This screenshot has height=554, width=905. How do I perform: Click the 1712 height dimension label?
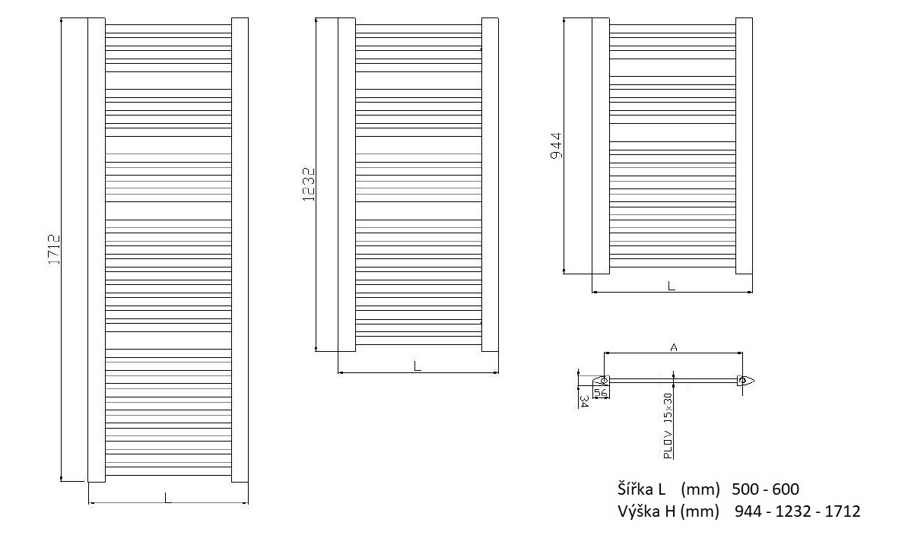[54, 249]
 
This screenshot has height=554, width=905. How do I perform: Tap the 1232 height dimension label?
[310, 184]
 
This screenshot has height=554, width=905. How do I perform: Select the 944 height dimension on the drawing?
[557, 147]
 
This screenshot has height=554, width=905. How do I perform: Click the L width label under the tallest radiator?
[167, 498]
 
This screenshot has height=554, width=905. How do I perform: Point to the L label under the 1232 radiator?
[418, 366]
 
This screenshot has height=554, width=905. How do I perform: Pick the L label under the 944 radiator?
[672, 286]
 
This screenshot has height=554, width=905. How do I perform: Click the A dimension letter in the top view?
[674, 347]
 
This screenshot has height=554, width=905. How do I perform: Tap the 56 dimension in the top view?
[601, 392]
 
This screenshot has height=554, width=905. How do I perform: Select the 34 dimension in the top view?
[584, 401]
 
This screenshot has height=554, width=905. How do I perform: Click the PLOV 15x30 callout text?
[668, 426]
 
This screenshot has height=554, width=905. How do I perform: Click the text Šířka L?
[642, 489]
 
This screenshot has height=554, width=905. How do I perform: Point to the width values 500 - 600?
[765, 489]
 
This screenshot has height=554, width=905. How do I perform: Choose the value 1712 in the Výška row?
[843, 511]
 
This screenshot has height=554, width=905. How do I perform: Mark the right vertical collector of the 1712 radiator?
[240, 249]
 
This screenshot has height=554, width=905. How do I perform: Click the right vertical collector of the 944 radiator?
[745, 146]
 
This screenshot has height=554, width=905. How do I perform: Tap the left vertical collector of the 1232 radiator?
[347, 185]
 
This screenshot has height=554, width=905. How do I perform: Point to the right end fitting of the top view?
[745, 381]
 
